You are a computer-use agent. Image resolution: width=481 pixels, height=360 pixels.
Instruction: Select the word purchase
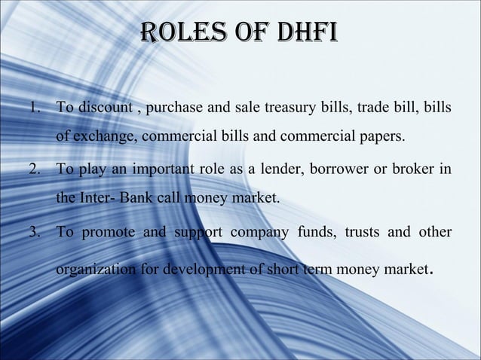[177, 107]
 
